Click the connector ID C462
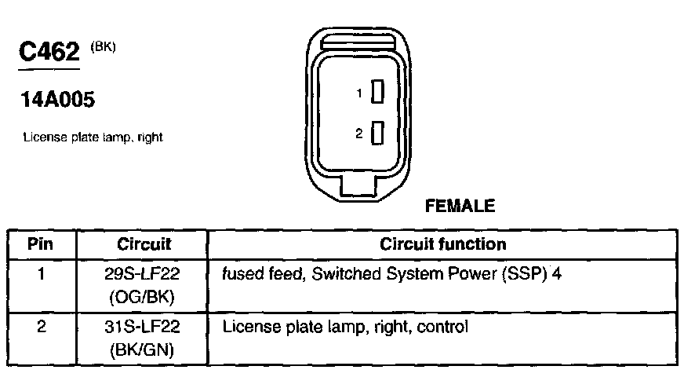coord(49,53)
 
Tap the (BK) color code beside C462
coord(103,46)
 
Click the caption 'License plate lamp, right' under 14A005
coord(93,137)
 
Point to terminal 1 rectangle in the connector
coord(377,93)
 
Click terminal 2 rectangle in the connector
coord(377,134)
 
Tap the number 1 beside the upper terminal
coord(359,93)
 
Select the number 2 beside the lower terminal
coord(358,134)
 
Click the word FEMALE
coord(460,207)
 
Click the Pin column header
coord(41,244)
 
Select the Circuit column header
coord(144,244)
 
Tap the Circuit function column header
coord(442,244)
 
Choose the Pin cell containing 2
coord(41,324)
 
